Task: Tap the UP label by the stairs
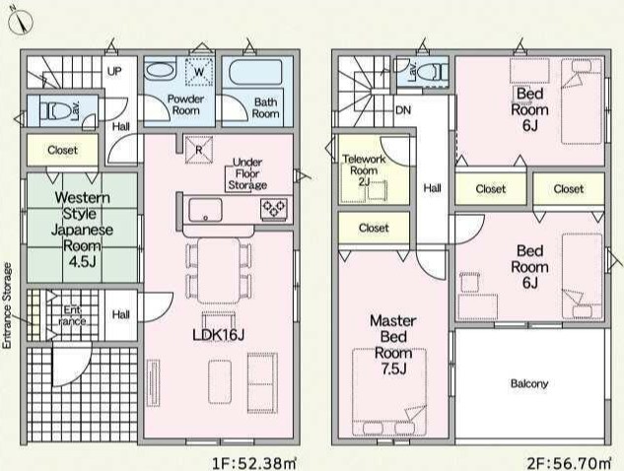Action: [114, 72]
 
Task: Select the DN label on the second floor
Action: [403, 110]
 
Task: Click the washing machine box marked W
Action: [199, 72]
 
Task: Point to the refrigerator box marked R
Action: [199, 150]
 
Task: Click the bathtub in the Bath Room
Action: [256, 72]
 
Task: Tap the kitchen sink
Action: [205, 210]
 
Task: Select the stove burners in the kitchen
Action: [274, 209]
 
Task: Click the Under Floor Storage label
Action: [247, 173]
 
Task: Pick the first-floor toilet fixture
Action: [59, 111]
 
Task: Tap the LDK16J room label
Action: [218, 335]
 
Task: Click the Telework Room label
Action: [364, 170]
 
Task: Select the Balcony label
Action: [529, 384]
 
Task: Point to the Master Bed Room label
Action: [393, 345]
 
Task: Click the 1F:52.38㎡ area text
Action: [254, 463]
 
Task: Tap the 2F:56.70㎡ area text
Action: [569, 463]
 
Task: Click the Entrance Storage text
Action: [8, 305]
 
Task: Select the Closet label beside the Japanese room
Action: [62, 150]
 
